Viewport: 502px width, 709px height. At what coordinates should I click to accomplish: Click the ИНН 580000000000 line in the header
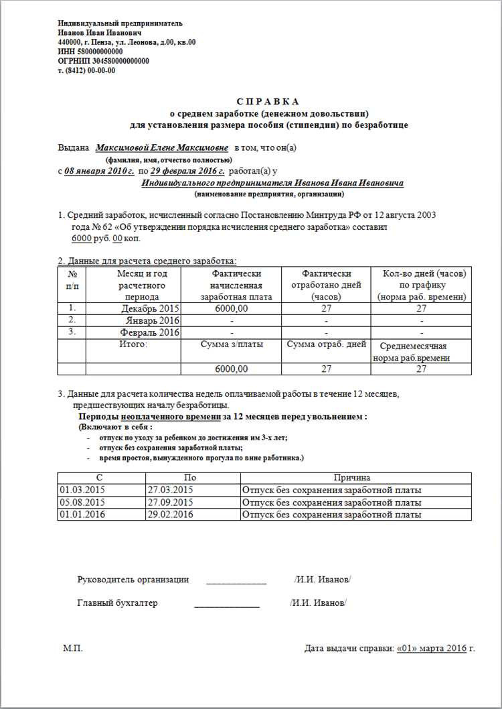click(90, 51)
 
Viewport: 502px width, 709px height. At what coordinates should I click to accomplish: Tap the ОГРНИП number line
click(103, 60)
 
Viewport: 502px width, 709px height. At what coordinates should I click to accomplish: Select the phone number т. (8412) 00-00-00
click(87, 70)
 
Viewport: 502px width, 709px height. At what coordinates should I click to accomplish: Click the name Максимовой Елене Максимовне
click(162, 147)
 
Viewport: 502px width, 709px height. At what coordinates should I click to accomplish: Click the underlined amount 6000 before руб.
click(80, 239)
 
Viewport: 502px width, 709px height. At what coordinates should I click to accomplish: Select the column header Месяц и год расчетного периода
click(141, 285)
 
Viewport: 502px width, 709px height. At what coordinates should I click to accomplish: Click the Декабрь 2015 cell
click(151, 308)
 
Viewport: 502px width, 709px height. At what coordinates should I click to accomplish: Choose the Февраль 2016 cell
click(150, 332)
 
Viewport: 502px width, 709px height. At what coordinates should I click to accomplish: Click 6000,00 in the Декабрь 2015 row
click(232, 308)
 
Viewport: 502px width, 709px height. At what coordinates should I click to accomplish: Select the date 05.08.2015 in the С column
click(82, 502)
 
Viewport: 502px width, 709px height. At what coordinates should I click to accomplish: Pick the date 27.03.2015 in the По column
click(170, 490)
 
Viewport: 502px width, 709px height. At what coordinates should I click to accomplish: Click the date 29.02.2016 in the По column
click(170, 514)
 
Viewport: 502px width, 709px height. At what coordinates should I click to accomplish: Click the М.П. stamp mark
click(73, 649)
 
